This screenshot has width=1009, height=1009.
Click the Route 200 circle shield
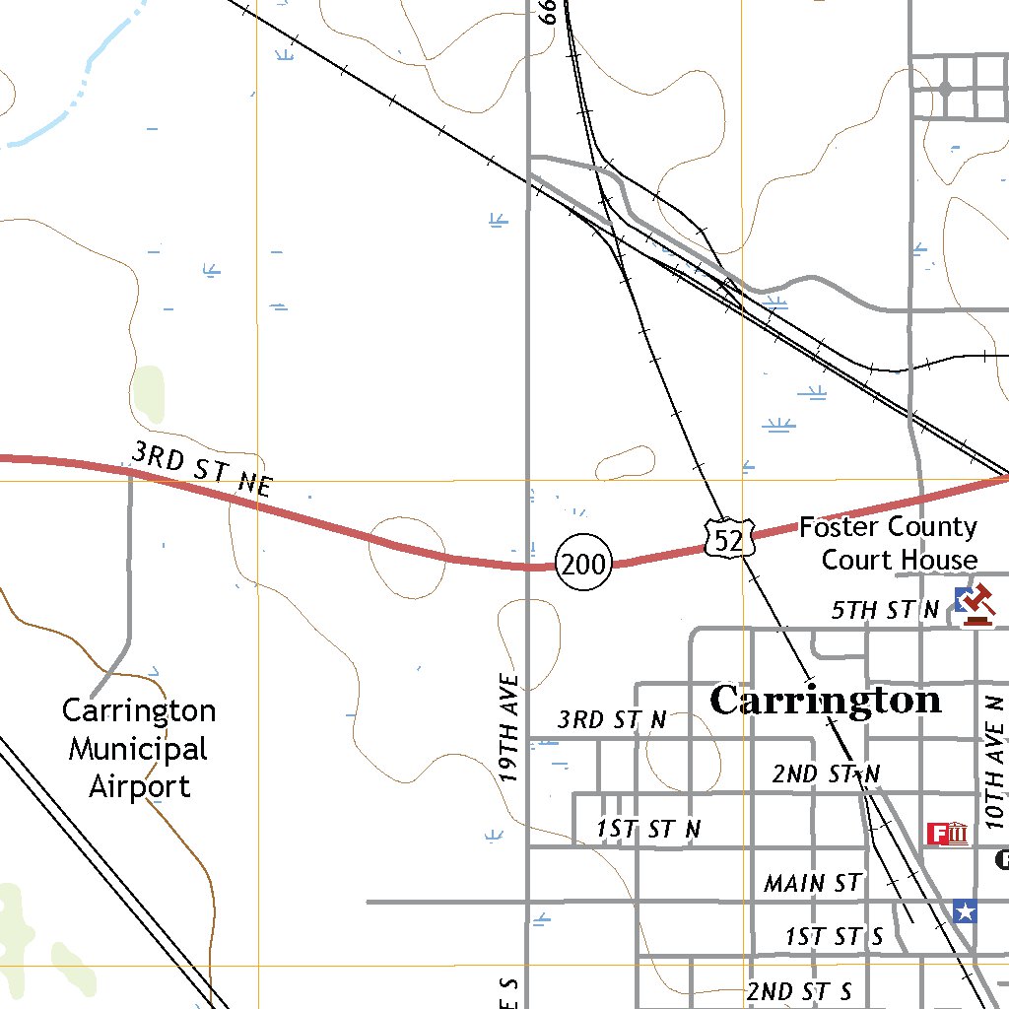tap(583, 564)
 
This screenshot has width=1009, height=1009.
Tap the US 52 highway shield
tap(729, 538)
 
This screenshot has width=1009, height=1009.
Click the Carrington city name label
tap(825, 701)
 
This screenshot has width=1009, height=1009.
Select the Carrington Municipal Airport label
tap(139, 749)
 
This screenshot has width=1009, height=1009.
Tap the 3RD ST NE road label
tap(201, 468)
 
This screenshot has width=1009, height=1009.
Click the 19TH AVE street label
tap(509, 727)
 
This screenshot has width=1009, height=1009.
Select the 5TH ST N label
tap(885, 610)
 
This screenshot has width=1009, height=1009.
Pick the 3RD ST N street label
tap(611, 719)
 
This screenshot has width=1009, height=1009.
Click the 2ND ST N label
tap(826, 774)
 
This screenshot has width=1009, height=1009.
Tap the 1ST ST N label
tap(648, 829)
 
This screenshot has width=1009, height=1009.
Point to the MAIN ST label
tap(813, 883)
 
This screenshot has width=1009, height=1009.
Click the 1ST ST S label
tap(834, 936)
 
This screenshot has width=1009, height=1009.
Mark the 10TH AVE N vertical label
tap(995, 761)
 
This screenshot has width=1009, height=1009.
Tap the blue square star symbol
tap(965, 911)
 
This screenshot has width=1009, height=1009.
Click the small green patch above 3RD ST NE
tap(149, 395)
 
